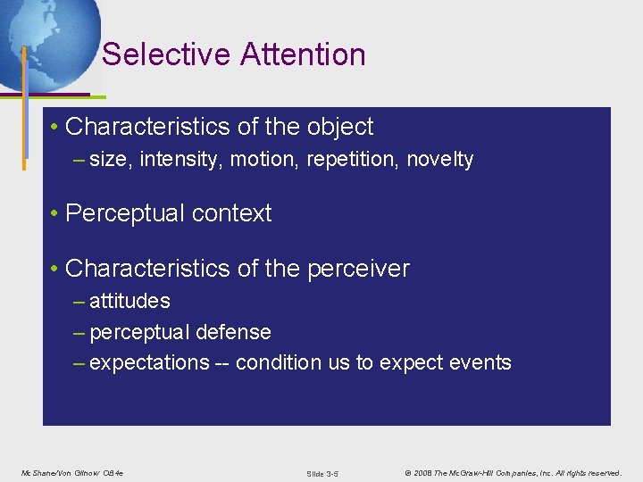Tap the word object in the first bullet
(x=339, y=127)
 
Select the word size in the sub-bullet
(x=109, y=160)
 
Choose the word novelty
(x=439, y=160)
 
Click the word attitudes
(x=129, y=302)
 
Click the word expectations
(x=149, y=362)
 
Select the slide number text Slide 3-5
(x=321, y=473)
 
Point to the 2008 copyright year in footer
(x=423, y=472)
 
